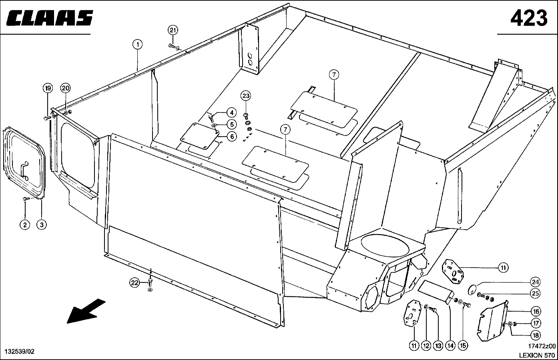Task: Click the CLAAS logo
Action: point(50,18)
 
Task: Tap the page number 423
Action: point(529,18)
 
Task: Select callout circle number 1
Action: point(137,45)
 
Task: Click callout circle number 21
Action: point(173,30)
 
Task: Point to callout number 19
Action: point(48,88)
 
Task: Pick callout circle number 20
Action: point(66,88)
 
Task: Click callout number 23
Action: point(246,96)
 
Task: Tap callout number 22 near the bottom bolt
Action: point(134,282)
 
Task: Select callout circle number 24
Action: point(535,282)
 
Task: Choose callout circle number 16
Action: point(536,312)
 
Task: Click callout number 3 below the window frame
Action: point(42,225)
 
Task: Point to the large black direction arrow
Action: point(86,311)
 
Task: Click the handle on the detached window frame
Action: point(25,170)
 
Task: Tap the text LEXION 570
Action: point(537,355)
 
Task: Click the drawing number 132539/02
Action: point(20,352)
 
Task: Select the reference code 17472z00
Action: point(542,346)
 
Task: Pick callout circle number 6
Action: point(232,136)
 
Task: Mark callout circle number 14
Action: point(451,346)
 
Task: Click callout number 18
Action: point(536,335)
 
